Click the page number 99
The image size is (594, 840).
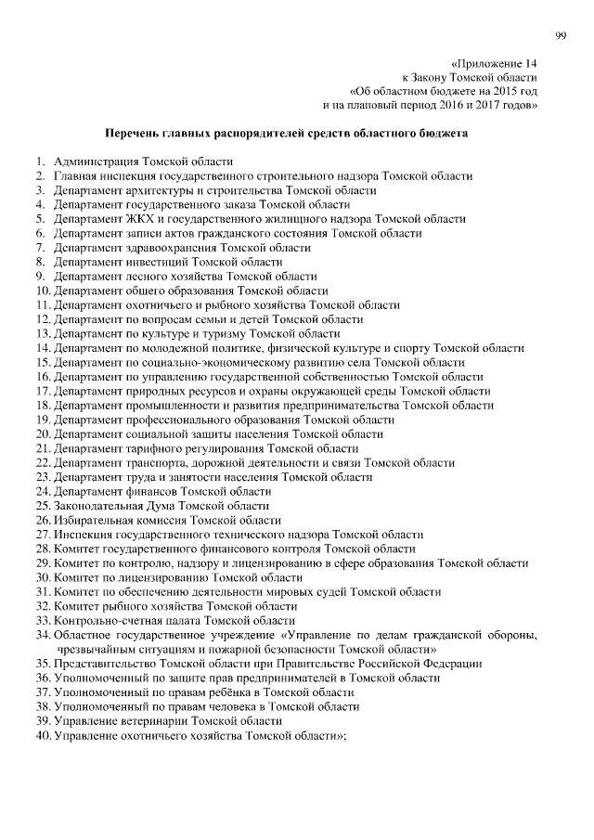[x=561, y=35]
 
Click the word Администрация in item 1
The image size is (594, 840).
[x=96, y=162]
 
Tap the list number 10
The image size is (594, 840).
[x=43, y=291]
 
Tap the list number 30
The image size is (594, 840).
[x=43, y=577]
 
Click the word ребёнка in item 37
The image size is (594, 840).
[x=233, y=691]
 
